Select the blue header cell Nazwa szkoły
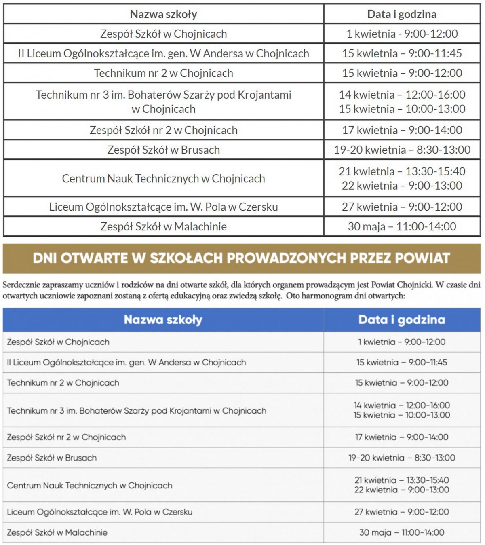tap(163, 320)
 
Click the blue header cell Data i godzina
tap(402, 320)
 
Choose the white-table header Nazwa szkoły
tap(163, 14)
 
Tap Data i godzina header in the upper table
tap(402, 14)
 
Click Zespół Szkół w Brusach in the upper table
tap(163, 150)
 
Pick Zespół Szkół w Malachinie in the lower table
tap(57, 532)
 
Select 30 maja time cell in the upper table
tap(402, 226)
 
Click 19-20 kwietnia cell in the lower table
tap(402, 458)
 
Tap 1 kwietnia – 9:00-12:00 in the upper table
tap(402, 34)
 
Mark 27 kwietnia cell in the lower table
tap(402, 512)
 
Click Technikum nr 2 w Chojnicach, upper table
tap(163, 73)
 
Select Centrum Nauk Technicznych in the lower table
tap(90, 485)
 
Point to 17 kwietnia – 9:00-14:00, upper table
tap(402, 130)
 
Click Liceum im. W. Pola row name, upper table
tap(163, 207)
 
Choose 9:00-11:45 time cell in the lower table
tap(402, 362)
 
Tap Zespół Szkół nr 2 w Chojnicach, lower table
tap(66, 437)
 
